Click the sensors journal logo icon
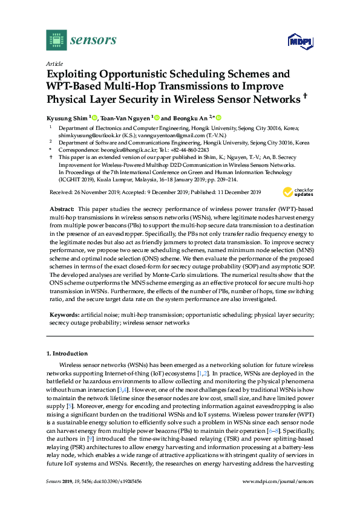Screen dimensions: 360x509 coord(56,40)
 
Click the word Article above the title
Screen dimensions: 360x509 coord(55,63)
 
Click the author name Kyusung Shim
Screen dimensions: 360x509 coord(67,118)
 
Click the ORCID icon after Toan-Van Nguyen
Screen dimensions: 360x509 coord(156,118)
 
